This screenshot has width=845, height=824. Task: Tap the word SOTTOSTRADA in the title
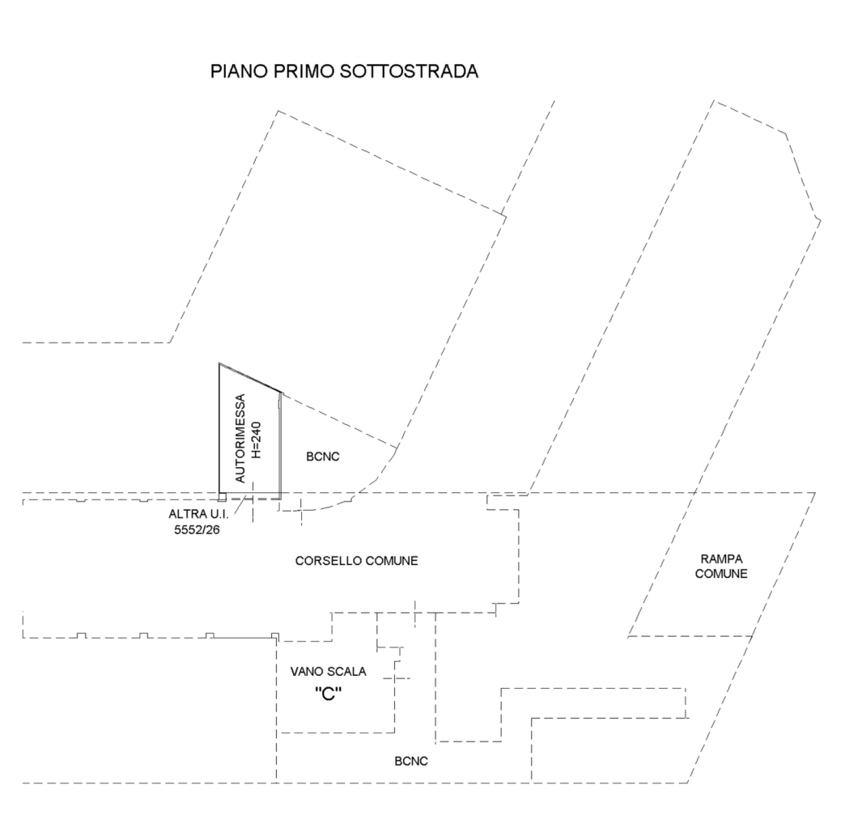click(410, 71)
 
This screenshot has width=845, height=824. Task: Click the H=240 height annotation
click(257, 440)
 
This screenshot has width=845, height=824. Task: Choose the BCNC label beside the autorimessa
click(323, 457)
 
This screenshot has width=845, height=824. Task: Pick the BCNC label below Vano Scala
click(411, 761)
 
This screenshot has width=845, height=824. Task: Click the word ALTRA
click(186, 515)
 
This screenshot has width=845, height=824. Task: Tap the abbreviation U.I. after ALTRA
click(218, 515)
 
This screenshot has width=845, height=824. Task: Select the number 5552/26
click(197, 530)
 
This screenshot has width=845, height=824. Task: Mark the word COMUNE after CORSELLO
click(393, 560)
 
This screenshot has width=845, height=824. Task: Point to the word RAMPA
click(720, 559)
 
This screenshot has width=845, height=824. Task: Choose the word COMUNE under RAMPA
click(720, 574)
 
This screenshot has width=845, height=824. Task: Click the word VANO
click(308, 671)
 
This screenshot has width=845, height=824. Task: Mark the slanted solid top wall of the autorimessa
click(251, 378)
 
